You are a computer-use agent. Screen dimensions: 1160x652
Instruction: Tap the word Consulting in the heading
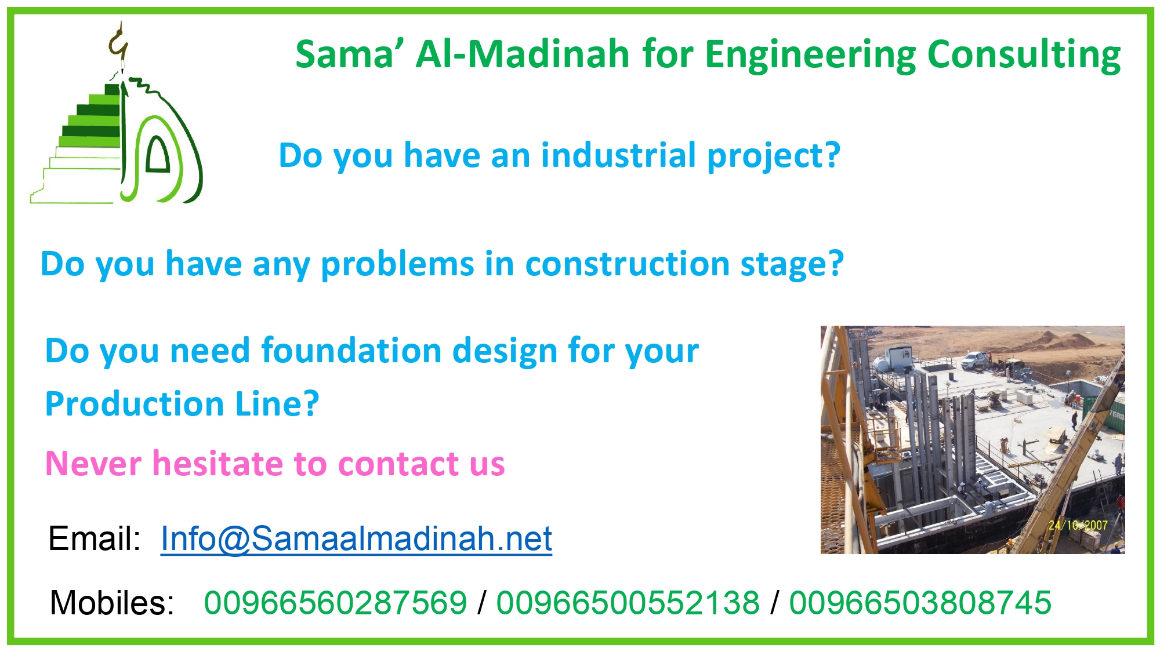pyautogui.click(x=1024, y=56)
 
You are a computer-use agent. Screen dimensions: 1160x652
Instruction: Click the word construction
pyautogui.click(x=626, y=264)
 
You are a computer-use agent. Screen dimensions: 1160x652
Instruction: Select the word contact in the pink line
pyautogui.click(x=399, y=464)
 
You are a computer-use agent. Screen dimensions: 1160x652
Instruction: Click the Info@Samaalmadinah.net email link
pyautogui.click(x=356, y=538)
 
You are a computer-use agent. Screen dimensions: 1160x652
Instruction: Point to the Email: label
pyautogui.click(x=95, y=538)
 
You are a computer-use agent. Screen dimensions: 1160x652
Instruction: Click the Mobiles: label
pyautogui.click(x=112, y=603)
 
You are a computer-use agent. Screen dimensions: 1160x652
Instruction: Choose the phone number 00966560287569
pyautogui.click(x=335, y=603)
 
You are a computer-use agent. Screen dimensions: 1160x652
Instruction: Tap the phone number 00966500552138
pyautogui.click(x=628, y=603)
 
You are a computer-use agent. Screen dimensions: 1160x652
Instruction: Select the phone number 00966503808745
pyautogui.click(x=920, y=603)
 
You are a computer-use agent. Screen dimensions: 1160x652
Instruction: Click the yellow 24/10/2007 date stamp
pyautogui.click(x=1078, y=525)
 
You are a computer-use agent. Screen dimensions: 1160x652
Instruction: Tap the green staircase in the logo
pyautogui.click(x=81, y=145)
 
